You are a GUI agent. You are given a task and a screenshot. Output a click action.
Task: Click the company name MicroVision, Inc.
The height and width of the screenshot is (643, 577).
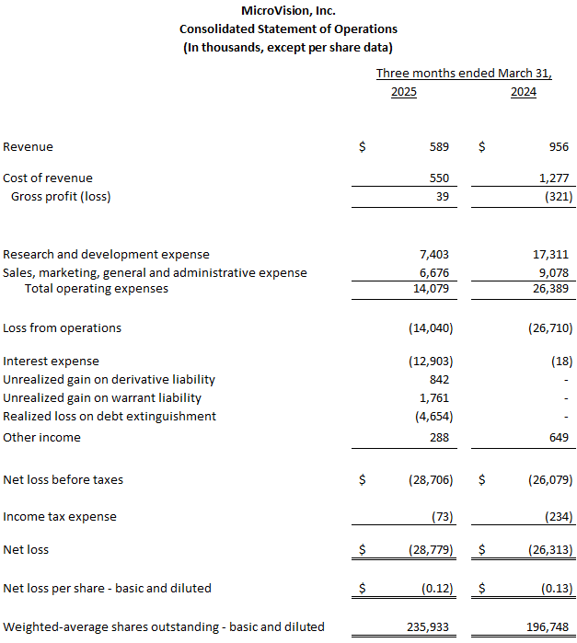(288, 11)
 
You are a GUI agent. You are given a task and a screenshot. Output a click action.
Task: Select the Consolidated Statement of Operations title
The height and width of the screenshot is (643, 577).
(288, 29)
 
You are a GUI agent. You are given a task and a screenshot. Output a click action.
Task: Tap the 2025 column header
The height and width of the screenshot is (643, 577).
(403, 92)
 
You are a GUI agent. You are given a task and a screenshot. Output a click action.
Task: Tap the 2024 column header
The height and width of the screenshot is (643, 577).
(523, 92)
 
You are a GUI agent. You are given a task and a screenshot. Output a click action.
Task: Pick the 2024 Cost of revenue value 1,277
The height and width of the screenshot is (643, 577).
(551, 178)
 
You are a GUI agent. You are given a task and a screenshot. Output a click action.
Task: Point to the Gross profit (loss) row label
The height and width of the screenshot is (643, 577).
(61, 196)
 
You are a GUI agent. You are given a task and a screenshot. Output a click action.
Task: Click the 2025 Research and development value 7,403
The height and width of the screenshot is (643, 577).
(433, 254)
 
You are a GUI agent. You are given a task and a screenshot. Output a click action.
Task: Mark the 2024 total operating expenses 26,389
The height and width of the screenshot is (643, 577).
(548, 288)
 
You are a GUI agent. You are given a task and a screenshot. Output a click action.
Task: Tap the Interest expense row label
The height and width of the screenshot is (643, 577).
(51, 361)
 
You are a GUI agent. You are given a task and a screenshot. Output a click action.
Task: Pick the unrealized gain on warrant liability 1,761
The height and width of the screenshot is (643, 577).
(434, 397)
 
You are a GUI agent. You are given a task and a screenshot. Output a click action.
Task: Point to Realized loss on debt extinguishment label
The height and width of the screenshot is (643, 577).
(110, 416)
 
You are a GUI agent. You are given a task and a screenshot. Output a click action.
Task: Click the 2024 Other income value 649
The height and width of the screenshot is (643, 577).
(557, 437)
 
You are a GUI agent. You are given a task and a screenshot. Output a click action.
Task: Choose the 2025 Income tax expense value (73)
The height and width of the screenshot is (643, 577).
(441, 516)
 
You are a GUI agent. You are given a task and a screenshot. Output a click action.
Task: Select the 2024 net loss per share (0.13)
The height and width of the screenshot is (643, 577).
(553, 588)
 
